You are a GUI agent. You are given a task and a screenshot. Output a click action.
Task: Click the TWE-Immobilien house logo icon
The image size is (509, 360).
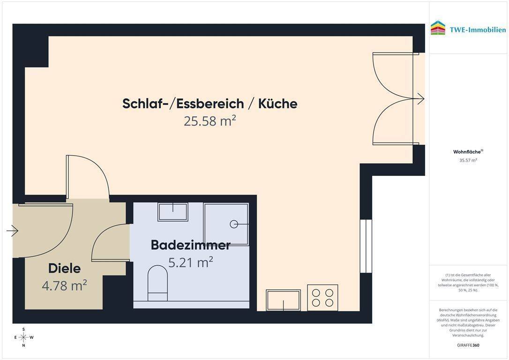tap(438, 28)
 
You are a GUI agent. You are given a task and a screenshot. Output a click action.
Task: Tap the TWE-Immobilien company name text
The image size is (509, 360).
tap(478, 30)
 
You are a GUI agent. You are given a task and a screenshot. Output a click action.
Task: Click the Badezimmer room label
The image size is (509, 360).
tap(191, 245)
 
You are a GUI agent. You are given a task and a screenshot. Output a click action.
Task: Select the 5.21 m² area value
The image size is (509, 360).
tap(191, 262)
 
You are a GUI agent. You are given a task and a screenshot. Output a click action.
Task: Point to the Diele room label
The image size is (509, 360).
tap(64, 269)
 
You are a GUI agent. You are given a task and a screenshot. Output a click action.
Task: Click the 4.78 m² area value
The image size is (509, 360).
tap(64, 285)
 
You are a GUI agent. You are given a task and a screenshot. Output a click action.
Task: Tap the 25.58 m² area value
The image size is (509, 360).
tap(210, 121)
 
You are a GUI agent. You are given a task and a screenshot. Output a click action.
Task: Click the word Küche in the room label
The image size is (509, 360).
tap(277, 104)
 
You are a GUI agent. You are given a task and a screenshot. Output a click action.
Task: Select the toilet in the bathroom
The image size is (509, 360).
tap(157, 283)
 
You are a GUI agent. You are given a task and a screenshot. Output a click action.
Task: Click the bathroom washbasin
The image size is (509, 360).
tap(173, 212)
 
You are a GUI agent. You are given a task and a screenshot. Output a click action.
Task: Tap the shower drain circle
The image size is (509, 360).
tap(234, 224)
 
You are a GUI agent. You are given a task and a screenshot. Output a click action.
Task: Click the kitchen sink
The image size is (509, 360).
tap(284, 300)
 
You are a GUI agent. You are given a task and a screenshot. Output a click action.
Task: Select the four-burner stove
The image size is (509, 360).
tap(322, 298)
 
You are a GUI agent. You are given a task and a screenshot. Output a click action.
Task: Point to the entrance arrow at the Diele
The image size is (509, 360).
tap(12, 231)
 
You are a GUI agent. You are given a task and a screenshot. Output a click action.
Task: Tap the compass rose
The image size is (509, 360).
tap(23, 337)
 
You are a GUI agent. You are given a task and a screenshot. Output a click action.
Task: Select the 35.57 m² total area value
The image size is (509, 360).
tap(468, 160)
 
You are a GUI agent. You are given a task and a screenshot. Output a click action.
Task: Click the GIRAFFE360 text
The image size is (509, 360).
tap(468, 345)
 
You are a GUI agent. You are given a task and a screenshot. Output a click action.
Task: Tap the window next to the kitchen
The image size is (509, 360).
tap(366, 247)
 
